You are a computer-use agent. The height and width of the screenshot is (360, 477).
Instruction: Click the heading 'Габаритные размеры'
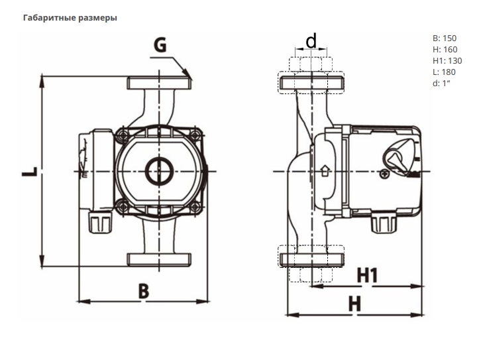pos(70,18)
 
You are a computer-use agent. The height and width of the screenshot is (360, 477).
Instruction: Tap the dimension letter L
pos(28,172)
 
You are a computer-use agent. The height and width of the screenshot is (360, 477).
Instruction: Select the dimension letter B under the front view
pos(144,290)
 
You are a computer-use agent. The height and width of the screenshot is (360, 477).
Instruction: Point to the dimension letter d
pos(311,42)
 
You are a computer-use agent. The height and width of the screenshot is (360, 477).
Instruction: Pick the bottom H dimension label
pos(356,304)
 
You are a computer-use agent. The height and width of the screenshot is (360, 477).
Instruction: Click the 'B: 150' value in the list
pos(444,38)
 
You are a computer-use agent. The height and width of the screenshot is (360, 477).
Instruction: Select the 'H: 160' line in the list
pos(444,50)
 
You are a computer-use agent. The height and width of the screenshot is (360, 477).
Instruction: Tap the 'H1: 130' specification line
pos(447,61)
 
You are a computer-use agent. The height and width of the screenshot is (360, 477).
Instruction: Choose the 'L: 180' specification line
pos(444,72)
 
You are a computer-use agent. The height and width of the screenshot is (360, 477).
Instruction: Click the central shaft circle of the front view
pos(159,172)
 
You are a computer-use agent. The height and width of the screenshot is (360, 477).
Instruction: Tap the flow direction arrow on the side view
pos(325,172)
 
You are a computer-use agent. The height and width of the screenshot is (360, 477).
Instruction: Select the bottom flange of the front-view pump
pos(160,259)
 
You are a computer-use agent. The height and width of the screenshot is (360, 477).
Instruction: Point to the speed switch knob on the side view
pos(396,158)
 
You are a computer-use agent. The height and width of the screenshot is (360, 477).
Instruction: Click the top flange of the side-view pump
pos(311,83)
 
